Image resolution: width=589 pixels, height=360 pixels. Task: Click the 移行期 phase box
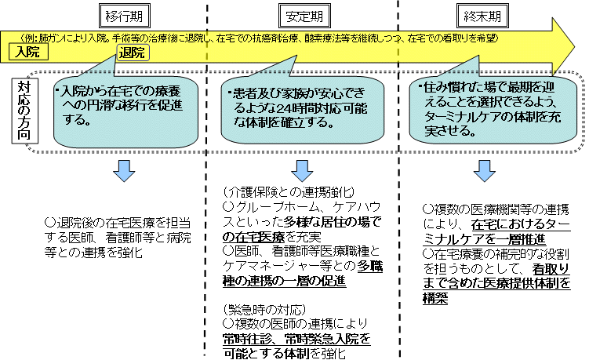pyautogui.click(x=123, y=14)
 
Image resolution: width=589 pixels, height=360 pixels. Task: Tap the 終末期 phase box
pyautogui.click(x=480, y=14)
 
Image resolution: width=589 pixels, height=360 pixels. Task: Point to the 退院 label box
pyautogui.click(x=130, y=53)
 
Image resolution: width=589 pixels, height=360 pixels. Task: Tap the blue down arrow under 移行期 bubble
pyautogui.click(x=124, y=170)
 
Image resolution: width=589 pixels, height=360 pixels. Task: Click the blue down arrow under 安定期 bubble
pyautogui.click(x=301, y=170)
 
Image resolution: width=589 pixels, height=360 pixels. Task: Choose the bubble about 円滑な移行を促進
pyautogui.click(x=119, y=108)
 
